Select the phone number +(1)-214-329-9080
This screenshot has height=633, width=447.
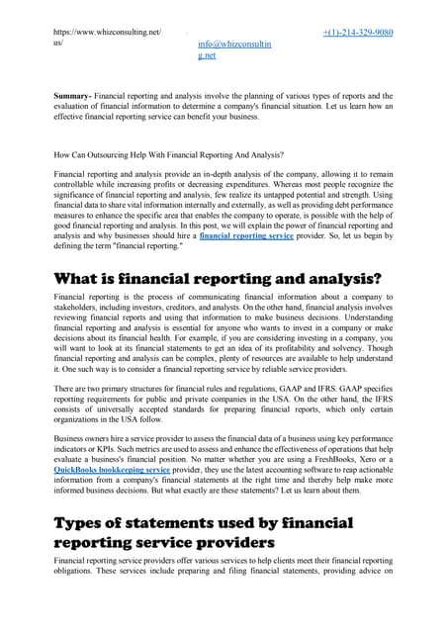click(x=358, y=33)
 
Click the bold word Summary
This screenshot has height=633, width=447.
click(x=75, y=96)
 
